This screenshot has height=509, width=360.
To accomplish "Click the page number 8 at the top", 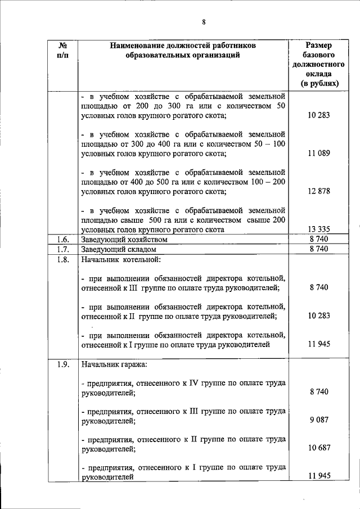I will point(204,22).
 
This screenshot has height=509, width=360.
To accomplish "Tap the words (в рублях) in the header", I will point(319,83).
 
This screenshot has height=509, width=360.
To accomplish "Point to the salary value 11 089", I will point(319,153).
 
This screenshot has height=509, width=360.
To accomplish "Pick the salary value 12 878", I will point(319,191).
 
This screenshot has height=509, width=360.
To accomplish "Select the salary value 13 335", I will point(319,229).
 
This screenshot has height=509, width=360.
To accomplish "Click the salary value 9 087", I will point(319,420).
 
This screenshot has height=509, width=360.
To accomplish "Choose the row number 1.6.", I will point(63,239).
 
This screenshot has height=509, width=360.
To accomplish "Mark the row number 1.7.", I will point(63,249).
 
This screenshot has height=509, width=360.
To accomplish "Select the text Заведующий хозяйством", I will point(125,239).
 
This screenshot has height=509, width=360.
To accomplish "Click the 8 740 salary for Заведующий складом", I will point(319,249).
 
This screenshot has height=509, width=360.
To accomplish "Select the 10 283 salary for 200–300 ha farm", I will point(319,115).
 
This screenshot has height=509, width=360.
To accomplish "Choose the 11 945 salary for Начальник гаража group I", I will point(319,476).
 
